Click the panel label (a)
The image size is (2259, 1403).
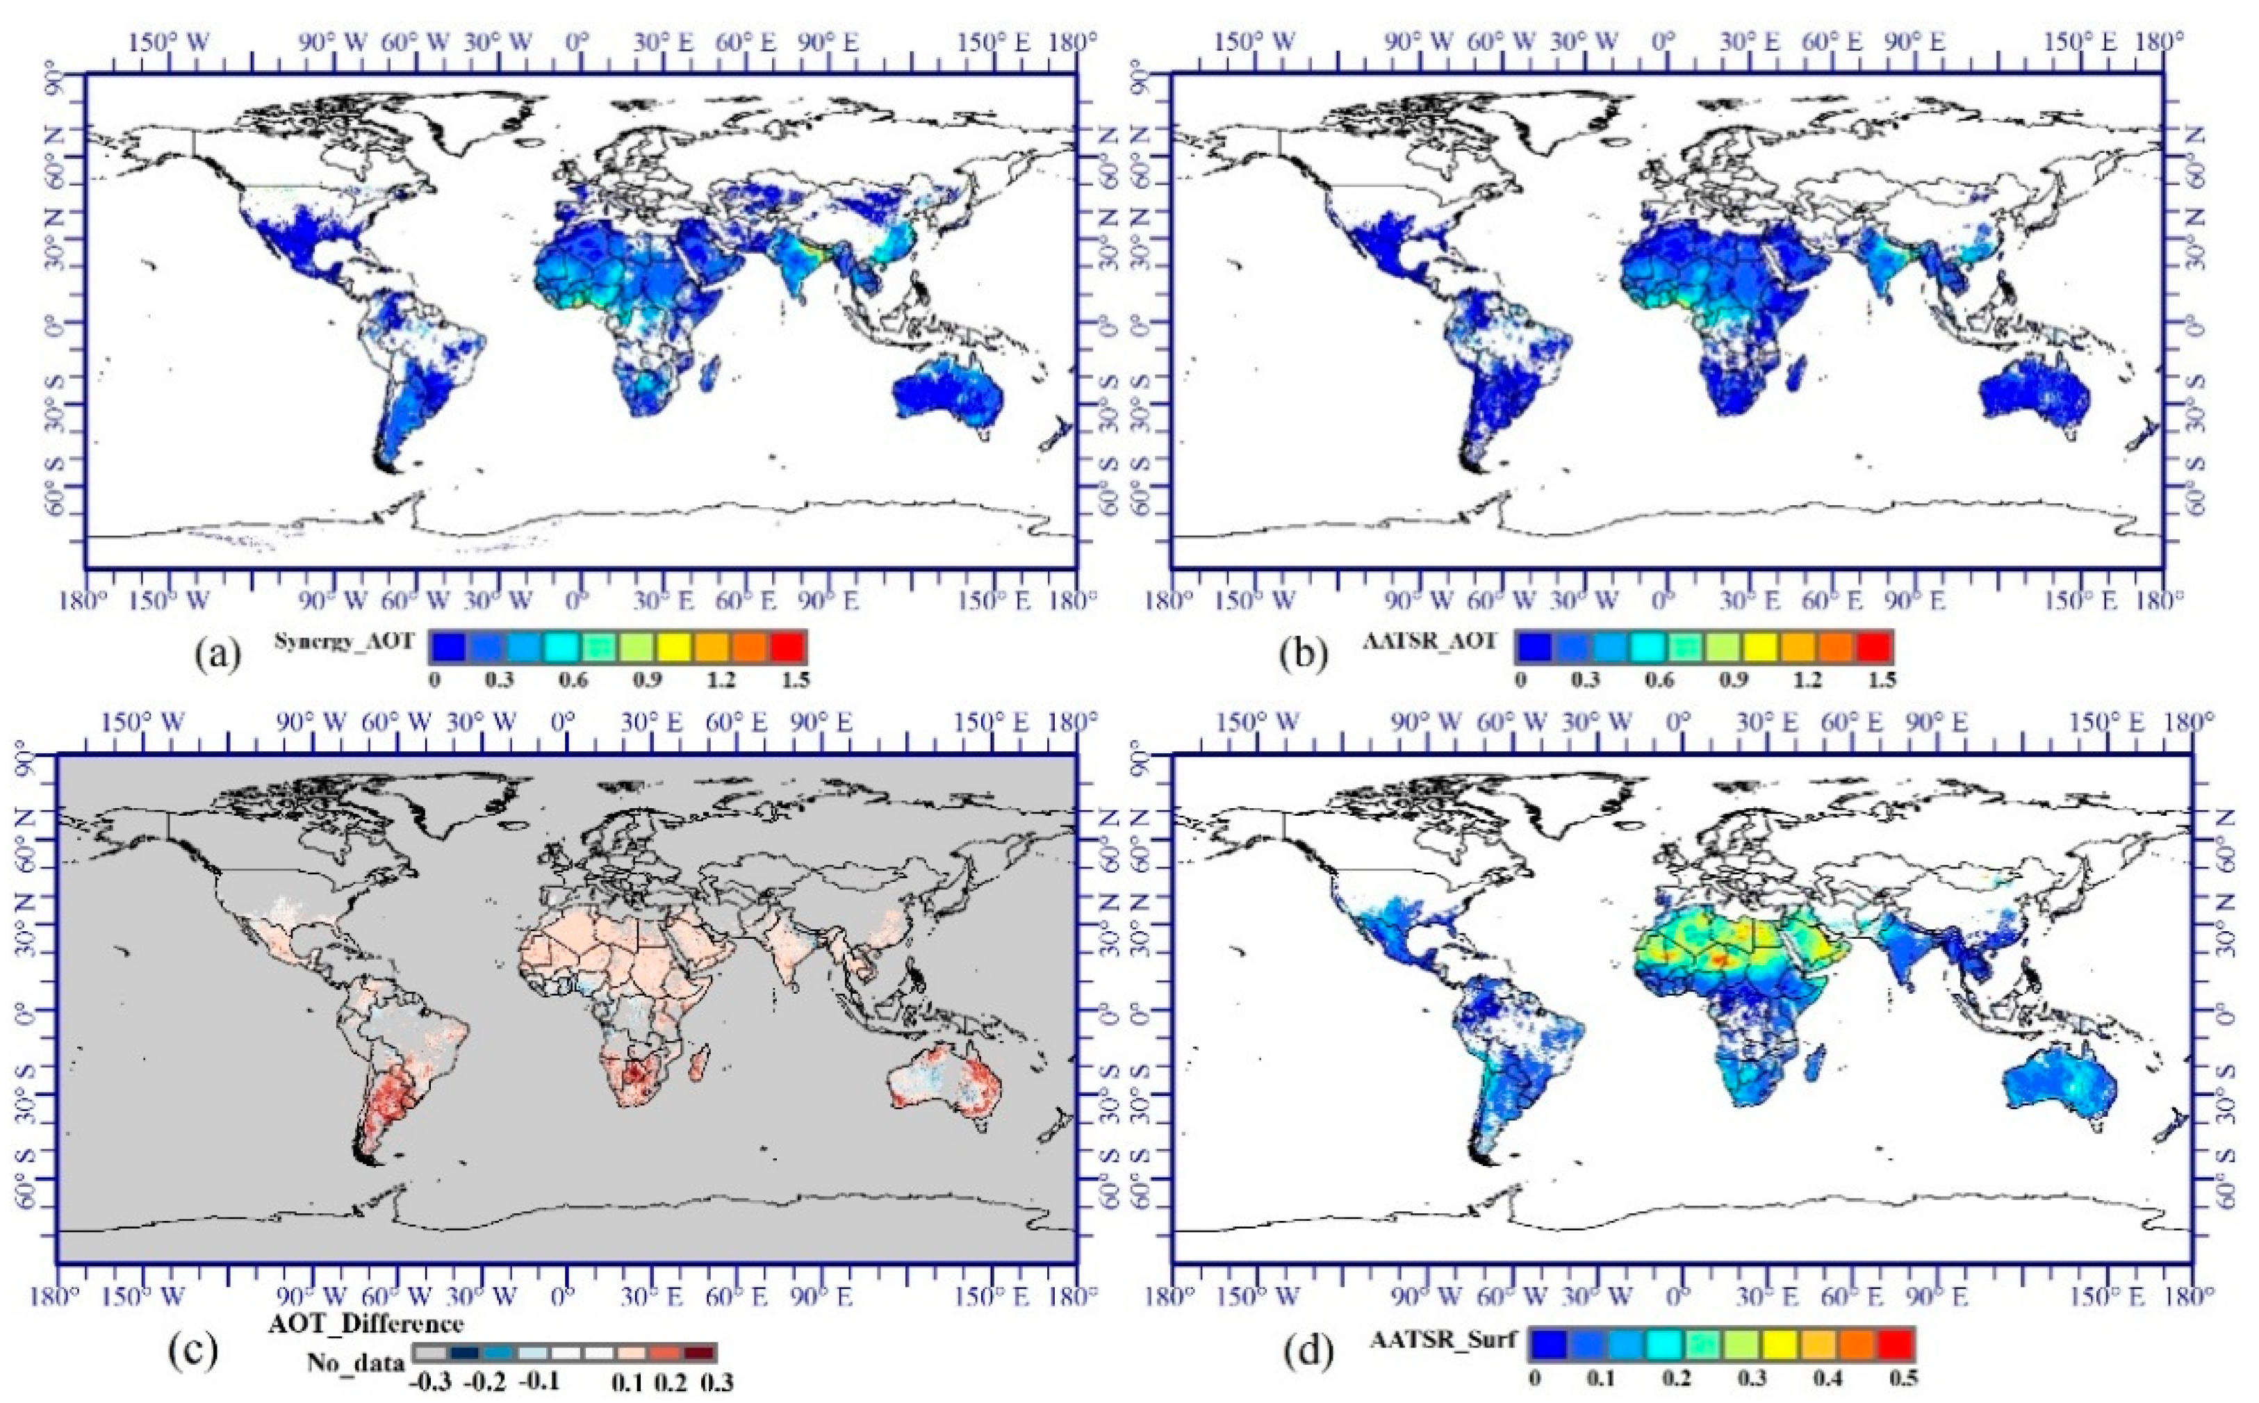218,654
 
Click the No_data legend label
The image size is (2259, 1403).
355,1361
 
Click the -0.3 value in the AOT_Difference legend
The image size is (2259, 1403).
429,1383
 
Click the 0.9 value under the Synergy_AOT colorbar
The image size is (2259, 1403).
647,680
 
